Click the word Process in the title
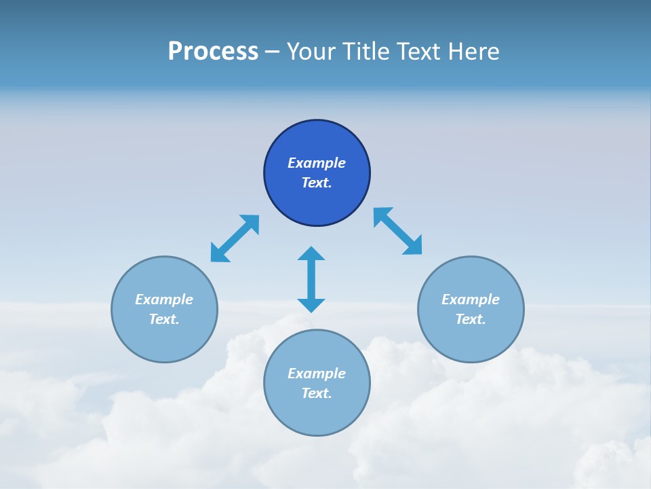213,52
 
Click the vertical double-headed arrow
311,279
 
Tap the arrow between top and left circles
235,238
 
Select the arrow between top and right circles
397,232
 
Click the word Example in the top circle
317,163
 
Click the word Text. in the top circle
317,183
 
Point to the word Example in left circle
164,300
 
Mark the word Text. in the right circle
471,319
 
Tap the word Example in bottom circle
317,374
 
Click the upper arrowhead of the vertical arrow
311,253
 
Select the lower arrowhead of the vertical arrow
311,305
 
